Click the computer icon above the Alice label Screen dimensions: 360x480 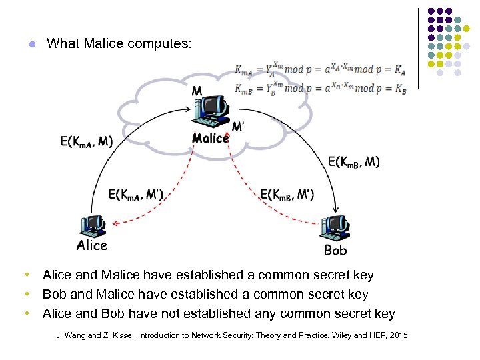click(92, 226)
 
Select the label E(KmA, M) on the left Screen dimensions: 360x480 click(87, 141)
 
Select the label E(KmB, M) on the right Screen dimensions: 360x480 click(354, 162)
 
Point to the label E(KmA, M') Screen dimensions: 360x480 click(136, 195)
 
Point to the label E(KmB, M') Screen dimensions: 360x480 click(287, 195)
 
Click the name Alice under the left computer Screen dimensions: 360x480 click(92, 245)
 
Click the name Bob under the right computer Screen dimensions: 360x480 click(335, 251)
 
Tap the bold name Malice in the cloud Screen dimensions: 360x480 click(210, 138)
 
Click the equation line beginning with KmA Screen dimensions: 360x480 click(320, 69)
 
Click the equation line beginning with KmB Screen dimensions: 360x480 click(320, 89)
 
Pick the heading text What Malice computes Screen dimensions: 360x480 click(119, 44)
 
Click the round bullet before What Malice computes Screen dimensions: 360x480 click(30, 45)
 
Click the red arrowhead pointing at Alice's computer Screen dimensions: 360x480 click(114, 223)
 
